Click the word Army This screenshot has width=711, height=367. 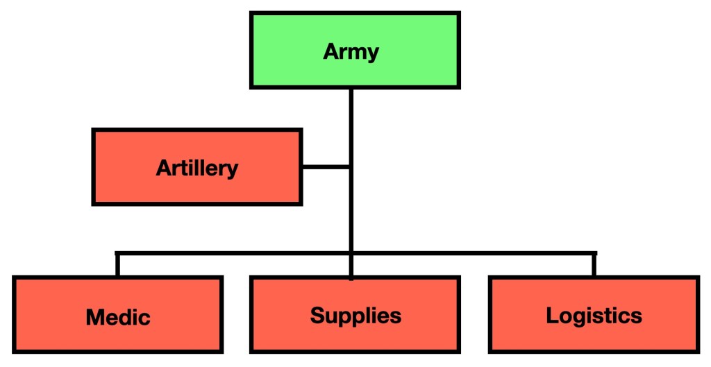click(x=351, y=52)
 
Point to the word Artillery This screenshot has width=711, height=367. click(x=196, y=167)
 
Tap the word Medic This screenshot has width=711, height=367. click(x=118, y=317)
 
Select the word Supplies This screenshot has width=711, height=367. click(x=355, y=316)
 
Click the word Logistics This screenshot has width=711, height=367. click(x=594, y=316)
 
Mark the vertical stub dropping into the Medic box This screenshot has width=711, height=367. click(x=117, y=265)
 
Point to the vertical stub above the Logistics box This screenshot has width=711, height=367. click(x=594, y=265)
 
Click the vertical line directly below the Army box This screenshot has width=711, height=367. click(x=351, y=125)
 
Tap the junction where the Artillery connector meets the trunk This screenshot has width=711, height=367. click(x=351, y=167)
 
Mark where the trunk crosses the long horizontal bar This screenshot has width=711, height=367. click(x=351, y=253)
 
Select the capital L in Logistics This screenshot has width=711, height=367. click(x=553, y=316)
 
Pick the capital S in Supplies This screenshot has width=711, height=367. click(x=318, y=316)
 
